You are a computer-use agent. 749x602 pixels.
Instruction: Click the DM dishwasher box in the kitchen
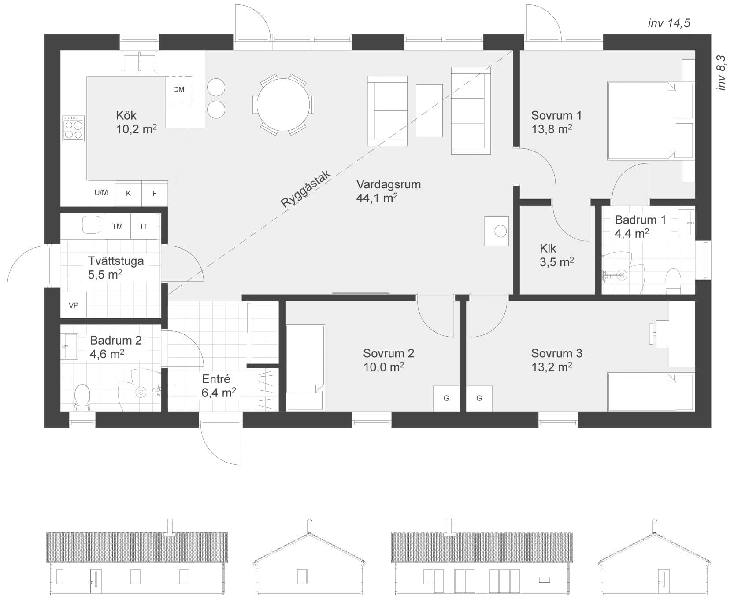pos(179,89)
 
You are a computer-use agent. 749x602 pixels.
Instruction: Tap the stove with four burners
pos(74,128)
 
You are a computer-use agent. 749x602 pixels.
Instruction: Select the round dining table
pos(283,104)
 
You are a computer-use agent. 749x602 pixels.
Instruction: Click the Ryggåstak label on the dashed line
pos(306,189)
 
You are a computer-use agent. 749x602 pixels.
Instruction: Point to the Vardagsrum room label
pos(388,184)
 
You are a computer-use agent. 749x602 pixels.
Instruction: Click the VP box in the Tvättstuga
pos(74,305)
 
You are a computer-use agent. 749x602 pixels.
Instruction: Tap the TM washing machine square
pos(117,226)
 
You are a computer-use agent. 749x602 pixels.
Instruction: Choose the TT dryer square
pos(144,226)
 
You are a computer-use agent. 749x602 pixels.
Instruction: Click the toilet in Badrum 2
pos(82,396)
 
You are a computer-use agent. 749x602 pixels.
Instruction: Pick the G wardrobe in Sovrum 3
pos(479,398)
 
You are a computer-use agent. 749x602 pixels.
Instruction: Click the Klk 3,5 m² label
pos(556,255)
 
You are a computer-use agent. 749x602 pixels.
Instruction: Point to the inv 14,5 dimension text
pos(669,23)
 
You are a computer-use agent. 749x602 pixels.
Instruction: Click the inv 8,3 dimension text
pos(721,73)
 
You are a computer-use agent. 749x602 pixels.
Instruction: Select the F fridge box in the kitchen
pos(155,193)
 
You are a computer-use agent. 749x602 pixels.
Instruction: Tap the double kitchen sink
pos(140,62)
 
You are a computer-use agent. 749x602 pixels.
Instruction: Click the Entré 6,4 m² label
pos(219,386)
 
